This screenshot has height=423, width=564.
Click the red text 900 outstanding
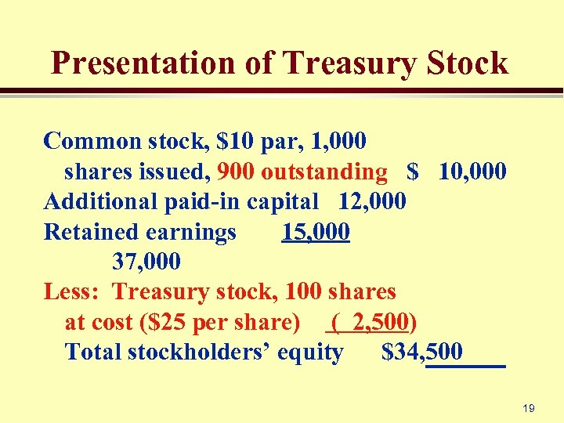coord(302,171)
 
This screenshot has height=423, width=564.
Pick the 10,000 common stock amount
coord(472,171)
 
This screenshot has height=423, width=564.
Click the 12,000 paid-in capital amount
coord(372,201)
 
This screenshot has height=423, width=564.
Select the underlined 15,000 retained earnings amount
coord(316,232)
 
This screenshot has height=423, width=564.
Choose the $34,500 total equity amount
coord(422,352)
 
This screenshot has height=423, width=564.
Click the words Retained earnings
coord(140,232)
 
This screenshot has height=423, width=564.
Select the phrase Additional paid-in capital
coord(181,201)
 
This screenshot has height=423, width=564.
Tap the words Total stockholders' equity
coord(204,352)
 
